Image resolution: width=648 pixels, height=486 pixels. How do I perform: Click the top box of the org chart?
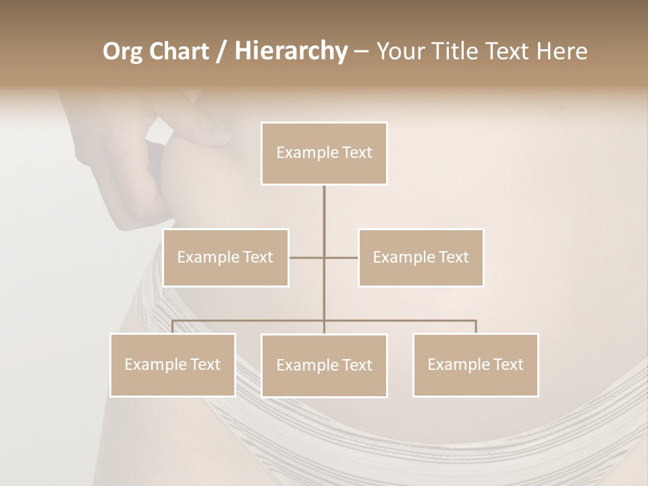(x=324, y=153)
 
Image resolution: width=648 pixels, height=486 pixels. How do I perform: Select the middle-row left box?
(x=225, y=257)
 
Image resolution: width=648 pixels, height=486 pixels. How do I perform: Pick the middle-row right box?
(x=421, y=257)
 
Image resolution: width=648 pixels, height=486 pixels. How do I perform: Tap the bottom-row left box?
(x=172, y=364)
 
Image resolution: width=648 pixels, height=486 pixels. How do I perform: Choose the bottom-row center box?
(x=324, y=365)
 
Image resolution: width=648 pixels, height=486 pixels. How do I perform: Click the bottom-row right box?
(x=475, y=364)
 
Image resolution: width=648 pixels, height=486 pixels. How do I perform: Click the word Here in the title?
(x=561, y=51)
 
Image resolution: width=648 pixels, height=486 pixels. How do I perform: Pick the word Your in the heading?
(x=400, y=51)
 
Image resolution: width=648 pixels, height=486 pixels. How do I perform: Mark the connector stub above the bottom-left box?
(x=172, y=327)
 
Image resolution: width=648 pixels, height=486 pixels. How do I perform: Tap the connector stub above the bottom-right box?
(x=475, y=327)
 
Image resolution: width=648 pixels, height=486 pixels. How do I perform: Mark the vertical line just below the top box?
(x=324, y=202)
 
